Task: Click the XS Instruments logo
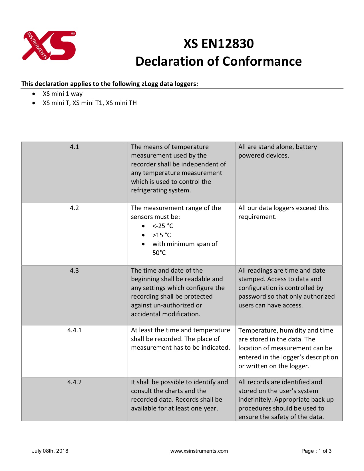49,46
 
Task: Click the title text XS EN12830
218,44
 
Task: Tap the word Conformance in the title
262,61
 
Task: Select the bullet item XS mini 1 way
63,94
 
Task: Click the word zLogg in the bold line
150,84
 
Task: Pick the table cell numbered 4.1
74,147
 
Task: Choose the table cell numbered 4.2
74,208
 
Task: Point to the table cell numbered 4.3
74,270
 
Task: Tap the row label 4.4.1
74,330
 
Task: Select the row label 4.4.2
74,382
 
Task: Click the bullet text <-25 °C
163,226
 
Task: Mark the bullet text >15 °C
162,235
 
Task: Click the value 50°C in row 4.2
159,253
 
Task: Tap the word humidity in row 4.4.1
293,331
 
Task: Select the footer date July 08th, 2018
50,451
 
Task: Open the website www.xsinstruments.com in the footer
199,451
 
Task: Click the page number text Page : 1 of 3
316,451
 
